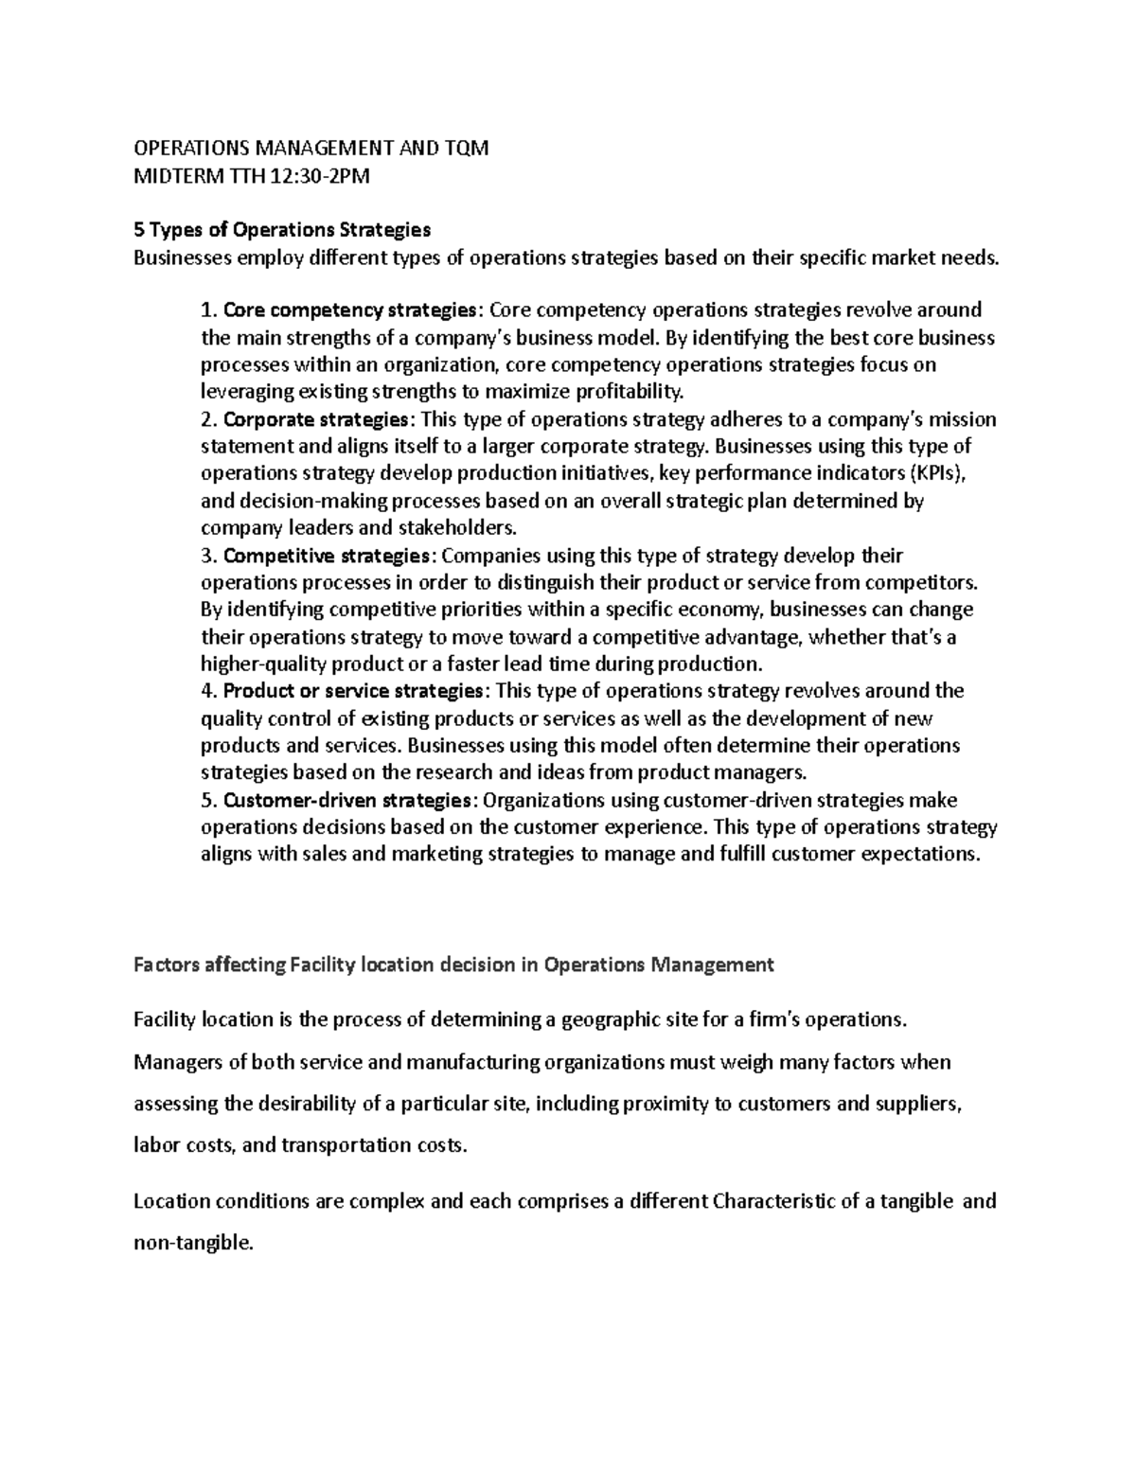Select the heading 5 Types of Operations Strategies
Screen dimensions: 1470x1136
click(282, 230)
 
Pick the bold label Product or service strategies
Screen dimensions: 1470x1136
click(355, 691)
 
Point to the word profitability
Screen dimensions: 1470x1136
click(629, 392)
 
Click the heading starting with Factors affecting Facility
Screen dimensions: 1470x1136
click(453, 965)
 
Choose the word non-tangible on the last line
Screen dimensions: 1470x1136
click(194, 1244)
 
